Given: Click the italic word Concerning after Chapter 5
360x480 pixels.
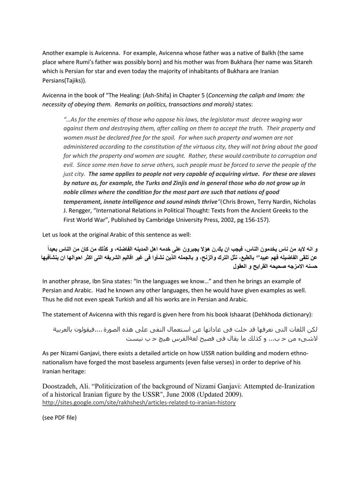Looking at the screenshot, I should (223, 95).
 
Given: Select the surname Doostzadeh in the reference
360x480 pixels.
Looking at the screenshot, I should (59, 387).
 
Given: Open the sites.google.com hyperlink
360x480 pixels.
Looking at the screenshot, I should (139, 403).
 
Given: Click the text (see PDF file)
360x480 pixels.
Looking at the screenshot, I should (59, 418).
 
